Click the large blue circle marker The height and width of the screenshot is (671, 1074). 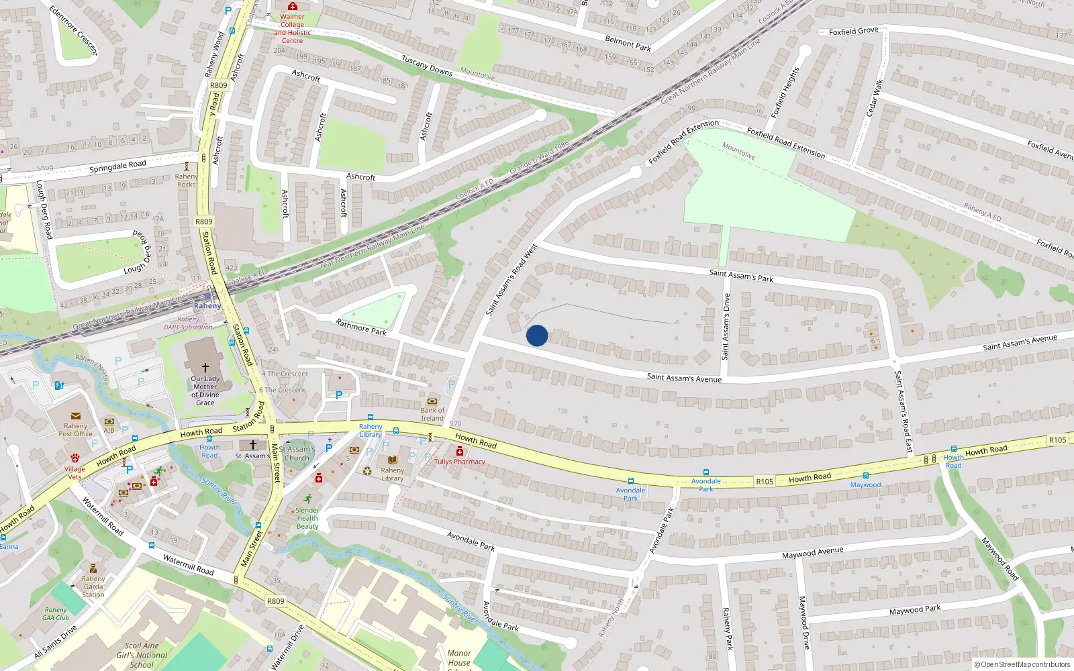pyautogui.click(x=537, y=335)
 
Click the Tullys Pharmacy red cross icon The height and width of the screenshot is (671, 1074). pyautogui.click(x=460, y=452)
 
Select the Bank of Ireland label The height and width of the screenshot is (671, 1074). pyautogui.click(x=432, y=414)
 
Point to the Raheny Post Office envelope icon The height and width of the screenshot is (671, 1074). pyautogui.click(x=76, y=416)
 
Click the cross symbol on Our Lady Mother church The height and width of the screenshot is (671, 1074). pyautogui.click(x=205, y=368)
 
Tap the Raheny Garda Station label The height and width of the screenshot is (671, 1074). pyautogui.click(x=93, y=586)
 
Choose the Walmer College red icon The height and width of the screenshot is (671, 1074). pyautogui.click(x=293, y=7)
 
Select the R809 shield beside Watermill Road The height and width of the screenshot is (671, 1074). pyautogui.click(x=275, y=601)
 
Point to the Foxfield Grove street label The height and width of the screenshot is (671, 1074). pyautogui.click(x=853, y=31)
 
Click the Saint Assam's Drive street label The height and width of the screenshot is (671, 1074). pyautogui.click(x=726, y=327)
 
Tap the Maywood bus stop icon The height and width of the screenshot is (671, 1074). pyautogui.click(x=865, y=476)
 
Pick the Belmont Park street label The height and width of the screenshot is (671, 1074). pyautogui.click(x=628, y=44)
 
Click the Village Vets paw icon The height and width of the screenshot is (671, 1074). pyautogui.click(x=75, y=458)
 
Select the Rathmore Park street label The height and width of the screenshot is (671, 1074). pyautogui.click(x=361, y=327)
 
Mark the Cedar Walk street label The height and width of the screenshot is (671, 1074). pyautogui.click(x=874, y=98)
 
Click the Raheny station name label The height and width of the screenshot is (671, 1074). pyautogui.click(x=207, y=306)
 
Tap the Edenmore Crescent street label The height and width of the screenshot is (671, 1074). pyautogui.click(x=74, y=31)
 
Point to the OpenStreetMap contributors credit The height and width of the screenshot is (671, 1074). pyautogui.click(x=1022, y=665)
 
